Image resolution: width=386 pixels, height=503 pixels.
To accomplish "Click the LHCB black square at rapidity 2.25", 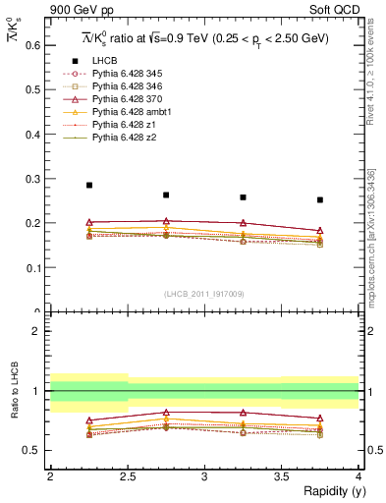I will pos(89,185).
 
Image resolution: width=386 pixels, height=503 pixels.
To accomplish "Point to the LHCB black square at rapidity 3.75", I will pos(320,199).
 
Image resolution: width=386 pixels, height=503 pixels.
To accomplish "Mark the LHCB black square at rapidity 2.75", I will pos(166,195).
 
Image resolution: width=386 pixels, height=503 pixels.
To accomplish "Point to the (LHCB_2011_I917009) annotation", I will pos(204,293).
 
